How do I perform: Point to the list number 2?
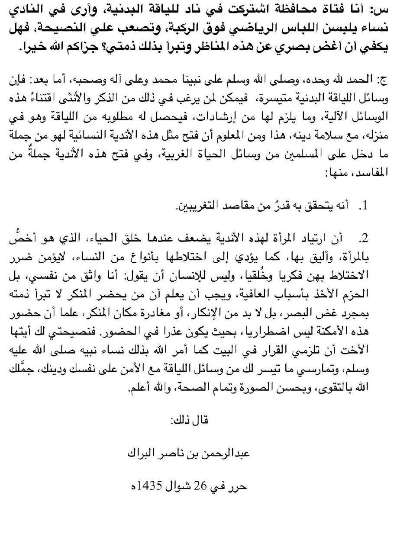pyautogui.click(x=366, y=238)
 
